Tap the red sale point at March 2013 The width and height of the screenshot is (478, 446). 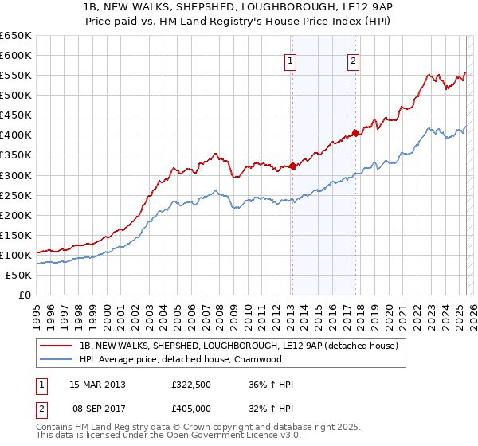pos(292,166)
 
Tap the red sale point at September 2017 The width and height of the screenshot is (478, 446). pos(355,133)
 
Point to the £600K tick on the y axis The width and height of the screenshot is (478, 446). pos(16,56)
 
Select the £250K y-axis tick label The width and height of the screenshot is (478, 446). pos(16,195)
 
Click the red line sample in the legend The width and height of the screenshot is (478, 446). pos(57,346)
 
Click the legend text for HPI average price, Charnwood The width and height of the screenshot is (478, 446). pos(181,359)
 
